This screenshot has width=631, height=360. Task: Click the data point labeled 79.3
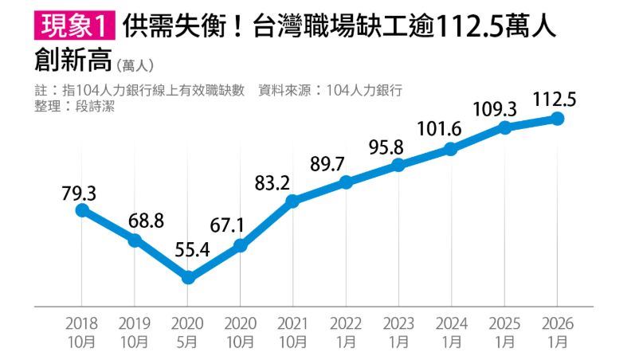coord(81,210)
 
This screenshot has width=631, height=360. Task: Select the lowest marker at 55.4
coord(188,277)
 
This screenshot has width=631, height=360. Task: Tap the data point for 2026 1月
coord(557,119)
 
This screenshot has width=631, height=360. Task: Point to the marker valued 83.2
coord(292,202)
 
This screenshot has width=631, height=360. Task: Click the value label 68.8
coord(146,220)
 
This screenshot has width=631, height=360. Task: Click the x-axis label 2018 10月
coord(82,333)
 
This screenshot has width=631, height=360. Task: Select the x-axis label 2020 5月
coord(187,333)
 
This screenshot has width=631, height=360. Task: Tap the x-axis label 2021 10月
coord(292,333)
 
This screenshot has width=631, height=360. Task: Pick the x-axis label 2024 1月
coord(451,333)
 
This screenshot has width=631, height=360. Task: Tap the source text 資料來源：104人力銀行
coord(330,90)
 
